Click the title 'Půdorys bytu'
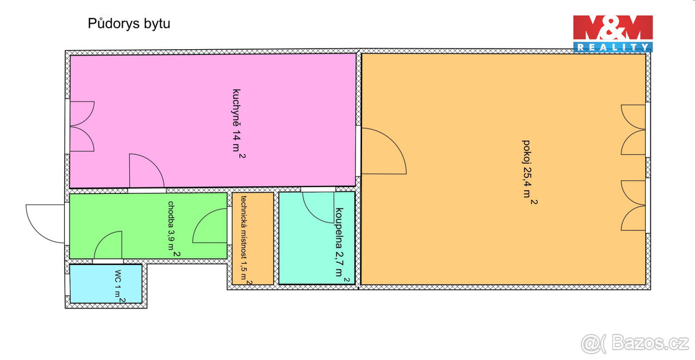(129, 24)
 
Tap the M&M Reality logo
(613, 34)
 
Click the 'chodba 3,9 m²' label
(173, 229)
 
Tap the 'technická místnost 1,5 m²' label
(246, 239)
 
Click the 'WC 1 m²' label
(118, 285)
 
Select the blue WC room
(93, 284)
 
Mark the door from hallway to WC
(108, 246)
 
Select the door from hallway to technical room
(210, 226)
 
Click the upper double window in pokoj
(634, 130)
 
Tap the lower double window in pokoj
(634, 205)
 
